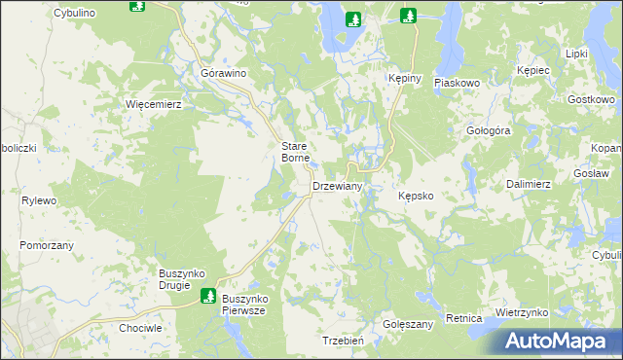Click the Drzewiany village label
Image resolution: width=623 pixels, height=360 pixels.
point(337,186)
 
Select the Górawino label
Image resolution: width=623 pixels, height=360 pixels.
point(223,73)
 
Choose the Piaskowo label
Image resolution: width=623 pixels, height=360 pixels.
point(458,84)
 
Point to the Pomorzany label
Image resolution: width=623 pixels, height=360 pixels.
point(47,245)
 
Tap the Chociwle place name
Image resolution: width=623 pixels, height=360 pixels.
point(139,328)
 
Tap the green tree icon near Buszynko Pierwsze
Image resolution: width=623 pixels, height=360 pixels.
point(207,295)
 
